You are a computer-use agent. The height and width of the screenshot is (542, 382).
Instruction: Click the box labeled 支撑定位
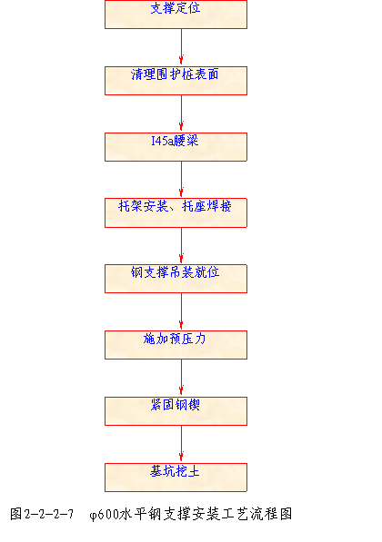[176, 15]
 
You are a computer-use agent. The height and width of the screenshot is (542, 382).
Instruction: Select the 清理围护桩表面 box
[176, 81]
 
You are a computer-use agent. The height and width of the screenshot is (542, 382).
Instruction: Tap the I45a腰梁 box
[176, 147]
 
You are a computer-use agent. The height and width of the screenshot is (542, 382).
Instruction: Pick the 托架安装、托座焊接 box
[176, 212]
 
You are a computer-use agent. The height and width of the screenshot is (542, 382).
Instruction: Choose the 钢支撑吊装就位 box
[176, 279]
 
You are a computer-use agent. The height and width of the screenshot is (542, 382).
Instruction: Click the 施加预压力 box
[176, 345]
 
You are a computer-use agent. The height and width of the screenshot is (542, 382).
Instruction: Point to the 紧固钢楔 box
[176, 411]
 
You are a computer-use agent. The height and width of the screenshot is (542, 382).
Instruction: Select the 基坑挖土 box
[176, 478]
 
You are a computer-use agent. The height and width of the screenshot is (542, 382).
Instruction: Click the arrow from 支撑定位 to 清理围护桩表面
[181, 48]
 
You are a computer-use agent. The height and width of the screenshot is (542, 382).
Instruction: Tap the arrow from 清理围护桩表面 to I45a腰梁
[181, 113]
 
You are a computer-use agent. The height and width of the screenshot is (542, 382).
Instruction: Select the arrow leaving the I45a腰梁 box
[181, 180]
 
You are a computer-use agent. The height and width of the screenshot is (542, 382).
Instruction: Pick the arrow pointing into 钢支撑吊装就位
[181, 246]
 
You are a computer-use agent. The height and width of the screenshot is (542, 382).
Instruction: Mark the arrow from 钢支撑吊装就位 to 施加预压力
[181, 311]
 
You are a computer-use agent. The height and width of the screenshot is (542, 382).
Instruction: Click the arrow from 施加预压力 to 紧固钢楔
[181, 379]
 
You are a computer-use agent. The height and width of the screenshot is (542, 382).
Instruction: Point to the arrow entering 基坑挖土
[181, 444]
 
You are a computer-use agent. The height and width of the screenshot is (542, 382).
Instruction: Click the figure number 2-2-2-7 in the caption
[49, 514]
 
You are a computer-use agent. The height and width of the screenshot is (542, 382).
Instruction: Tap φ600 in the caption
[104, 515]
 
